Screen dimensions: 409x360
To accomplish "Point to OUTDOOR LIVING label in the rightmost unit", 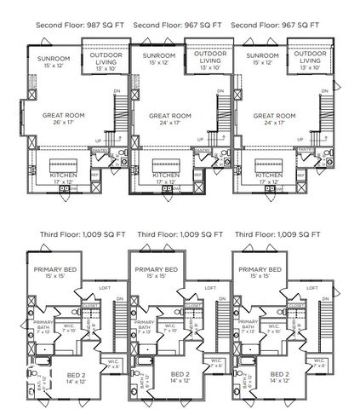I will (x=312, y=57).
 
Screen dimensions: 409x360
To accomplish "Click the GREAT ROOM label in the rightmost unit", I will (x=274, y=115).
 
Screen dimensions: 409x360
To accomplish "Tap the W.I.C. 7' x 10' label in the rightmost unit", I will (x=275, y=327).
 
